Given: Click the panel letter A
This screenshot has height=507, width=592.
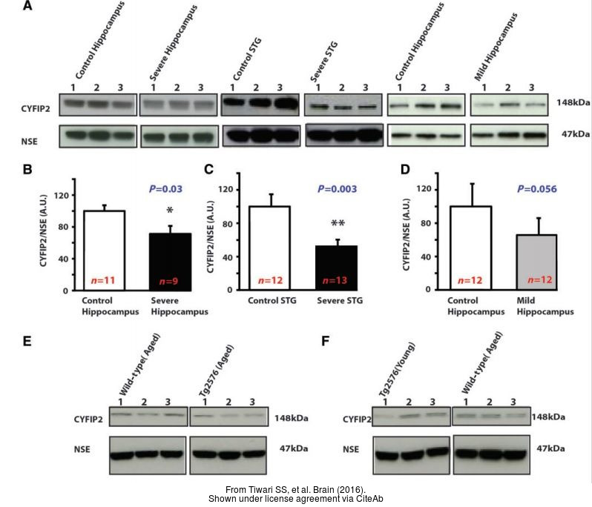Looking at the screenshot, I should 27,7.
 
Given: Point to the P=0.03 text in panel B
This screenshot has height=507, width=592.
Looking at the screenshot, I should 171,190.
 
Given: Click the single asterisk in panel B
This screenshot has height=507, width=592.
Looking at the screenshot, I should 170,212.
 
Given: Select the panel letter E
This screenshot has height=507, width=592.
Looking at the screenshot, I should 27,342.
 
